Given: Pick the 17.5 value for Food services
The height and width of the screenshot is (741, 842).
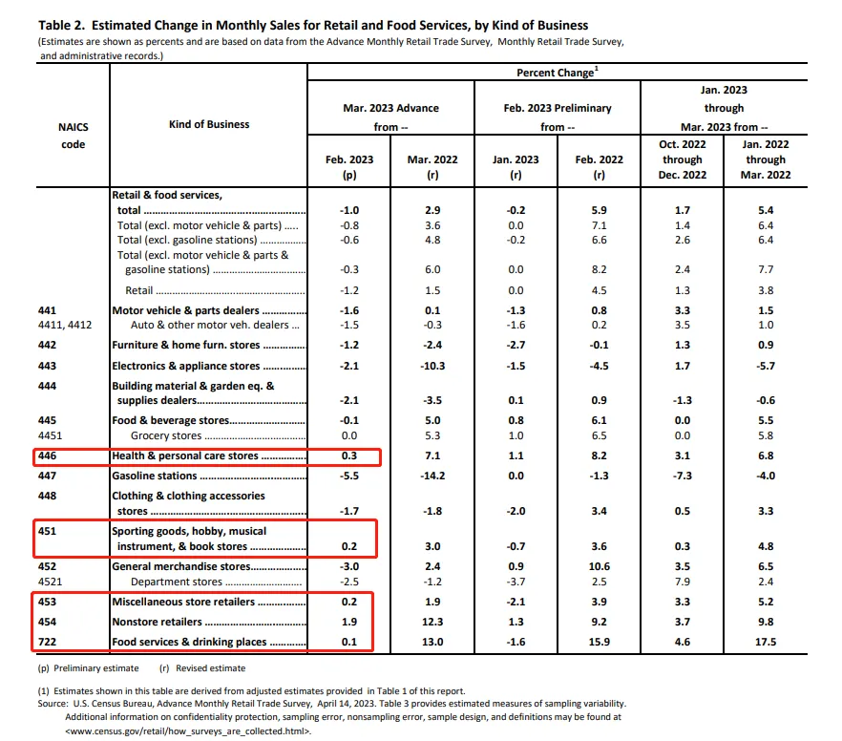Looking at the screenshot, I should coord(765,642).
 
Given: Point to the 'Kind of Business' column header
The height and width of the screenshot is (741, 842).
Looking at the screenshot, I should coord(209,124).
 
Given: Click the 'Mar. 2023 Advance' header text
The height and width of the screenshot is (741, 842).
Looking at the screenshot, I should coord(390,108).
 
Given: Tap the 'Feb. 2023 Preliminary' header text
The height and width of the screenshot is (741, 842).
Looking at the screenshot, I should coord(558,108).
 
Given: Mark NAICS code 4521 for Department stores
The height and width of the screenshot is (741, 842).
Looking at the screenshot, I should coord(52,582).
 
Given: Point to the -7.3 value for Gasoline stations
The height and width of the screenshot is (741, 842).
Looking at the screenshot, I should coord(682,476).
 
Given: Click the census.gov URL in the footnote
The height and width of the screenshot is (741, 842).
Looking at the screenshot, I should coord(188,730).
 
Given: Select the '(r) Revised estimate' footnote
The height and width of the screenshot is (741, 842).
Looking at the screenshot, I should coord(202,668).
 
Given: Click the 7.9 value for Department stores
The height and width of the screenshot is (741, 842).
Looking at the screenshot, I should coord(682,582).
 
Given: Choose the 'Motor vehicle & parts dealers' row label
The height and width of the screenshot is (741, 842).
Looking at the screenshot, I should coord(186,310).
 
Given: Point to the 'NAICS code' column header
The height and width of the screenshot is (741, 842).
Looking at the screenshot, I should coord(73,135).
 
